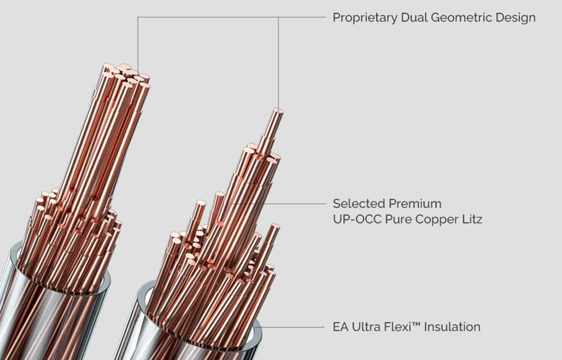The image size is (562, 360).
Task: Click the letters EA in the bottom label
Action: coord(340,327)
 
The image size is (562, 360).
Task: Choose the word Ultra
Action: coord(367,327)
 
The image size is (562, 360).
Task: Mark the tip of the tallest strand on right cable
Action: coord(277,111)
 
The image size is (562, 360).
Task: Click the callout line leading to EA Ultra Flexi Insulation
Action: coord(295,327)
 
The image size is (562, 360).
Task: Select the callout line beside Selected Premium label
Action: coord(295,203)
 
